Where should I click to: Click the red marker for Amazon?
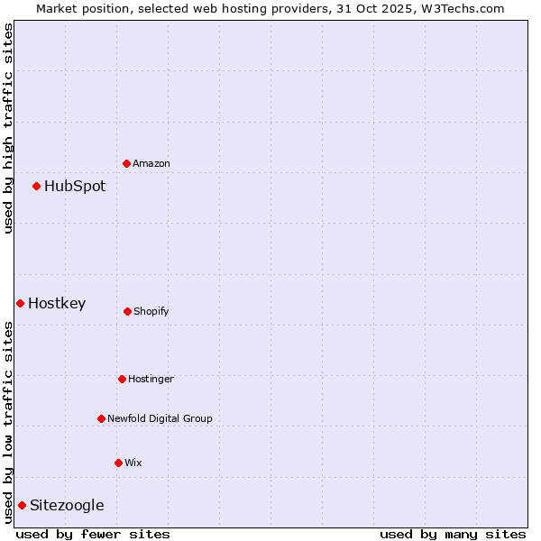(126, 163)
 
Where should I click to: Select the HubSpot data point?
(36, 186)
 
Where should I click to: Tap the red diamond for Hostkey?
(20, 303)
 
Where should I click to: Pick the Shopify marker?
(127, 311)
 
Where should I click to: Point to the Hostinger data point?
(122, 379)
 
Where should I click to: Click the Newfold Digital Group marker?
(101, 418)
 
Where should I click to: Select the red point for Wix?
(118, 463)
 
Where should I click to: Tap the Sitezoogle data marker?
(22, 505)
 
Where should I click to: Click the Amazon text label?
(151, 163)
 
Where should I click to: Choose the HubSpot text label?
(75, 186)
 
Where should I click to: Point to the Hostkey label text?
(57, 303)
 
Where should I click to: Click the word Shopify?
(151, 311)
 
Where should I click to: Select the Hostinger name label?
(151, 379)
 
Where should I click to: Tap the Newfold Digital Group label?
(160, 418)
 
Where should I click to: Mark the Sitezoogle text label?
(67, 505)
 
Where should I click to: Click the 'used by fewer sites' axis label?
(93, 534)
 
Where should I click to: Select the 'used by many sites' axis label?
(453, 534)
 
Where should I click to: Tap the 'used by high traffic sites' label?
(8, 128)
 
